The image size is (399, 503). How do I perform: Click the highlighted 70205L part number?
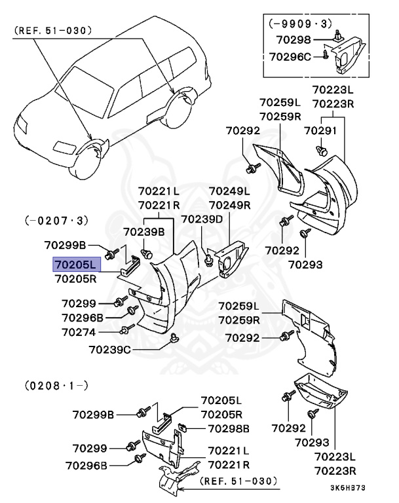click(75, 265)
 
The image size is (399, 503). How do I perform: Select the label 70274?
click(79, 332)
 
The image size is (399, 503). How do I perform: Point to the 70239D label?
click(202, 219)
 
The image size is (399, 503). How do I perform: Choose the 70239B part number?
click(143, 231)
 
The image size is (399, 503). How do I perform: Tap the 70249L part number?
click(229, 191)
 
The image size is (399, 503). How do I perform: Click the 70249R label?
click(229, 204)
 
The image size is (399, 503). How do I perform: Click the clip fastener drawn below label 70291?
click(322, 151)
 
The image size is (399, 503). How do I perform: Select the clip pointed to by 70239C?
click(174, 338)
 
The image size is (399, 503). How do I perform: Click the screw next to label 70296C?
click(325, 57)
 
